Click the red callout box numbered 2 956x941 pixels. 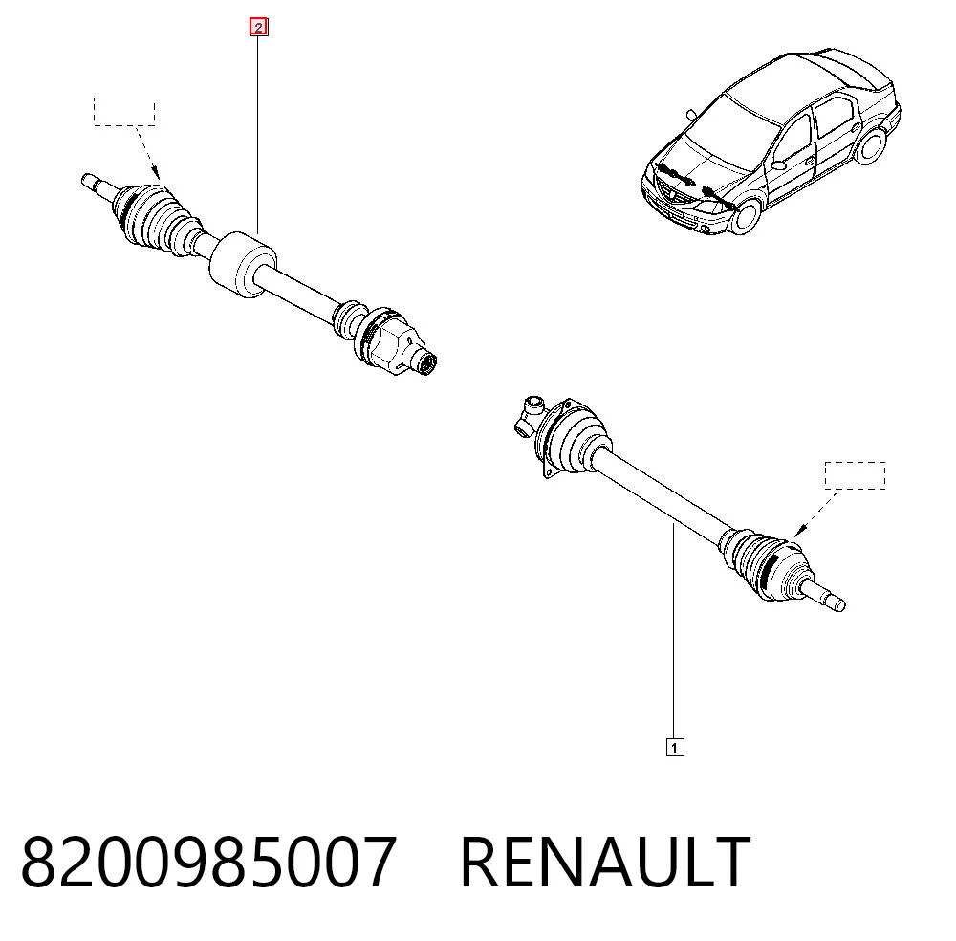(x=258, y=28)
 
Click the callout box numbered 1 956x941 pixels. (x=675, y=747)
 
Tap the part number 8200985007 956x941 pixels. (x=208, y=862)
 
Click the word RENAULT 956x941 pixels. (x=605, y=862)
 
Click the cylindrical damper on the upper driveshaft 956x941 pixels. (x=243, y=265)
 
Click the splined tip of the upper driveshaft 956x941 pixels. (x=425, y=363)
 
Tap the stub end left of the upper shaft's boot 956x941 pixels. (x=98, y=186)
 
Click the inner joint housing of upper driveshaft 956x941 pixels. (x=385, y=341)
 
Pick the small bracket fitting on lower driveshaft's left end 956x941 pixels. (x=528, y=416)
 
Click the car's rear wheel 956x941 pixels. (x=871, y=145)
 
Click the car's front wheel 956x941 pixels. (x=746, y=215)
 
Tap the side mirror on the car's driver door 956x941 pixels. (x=778, y=164)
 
